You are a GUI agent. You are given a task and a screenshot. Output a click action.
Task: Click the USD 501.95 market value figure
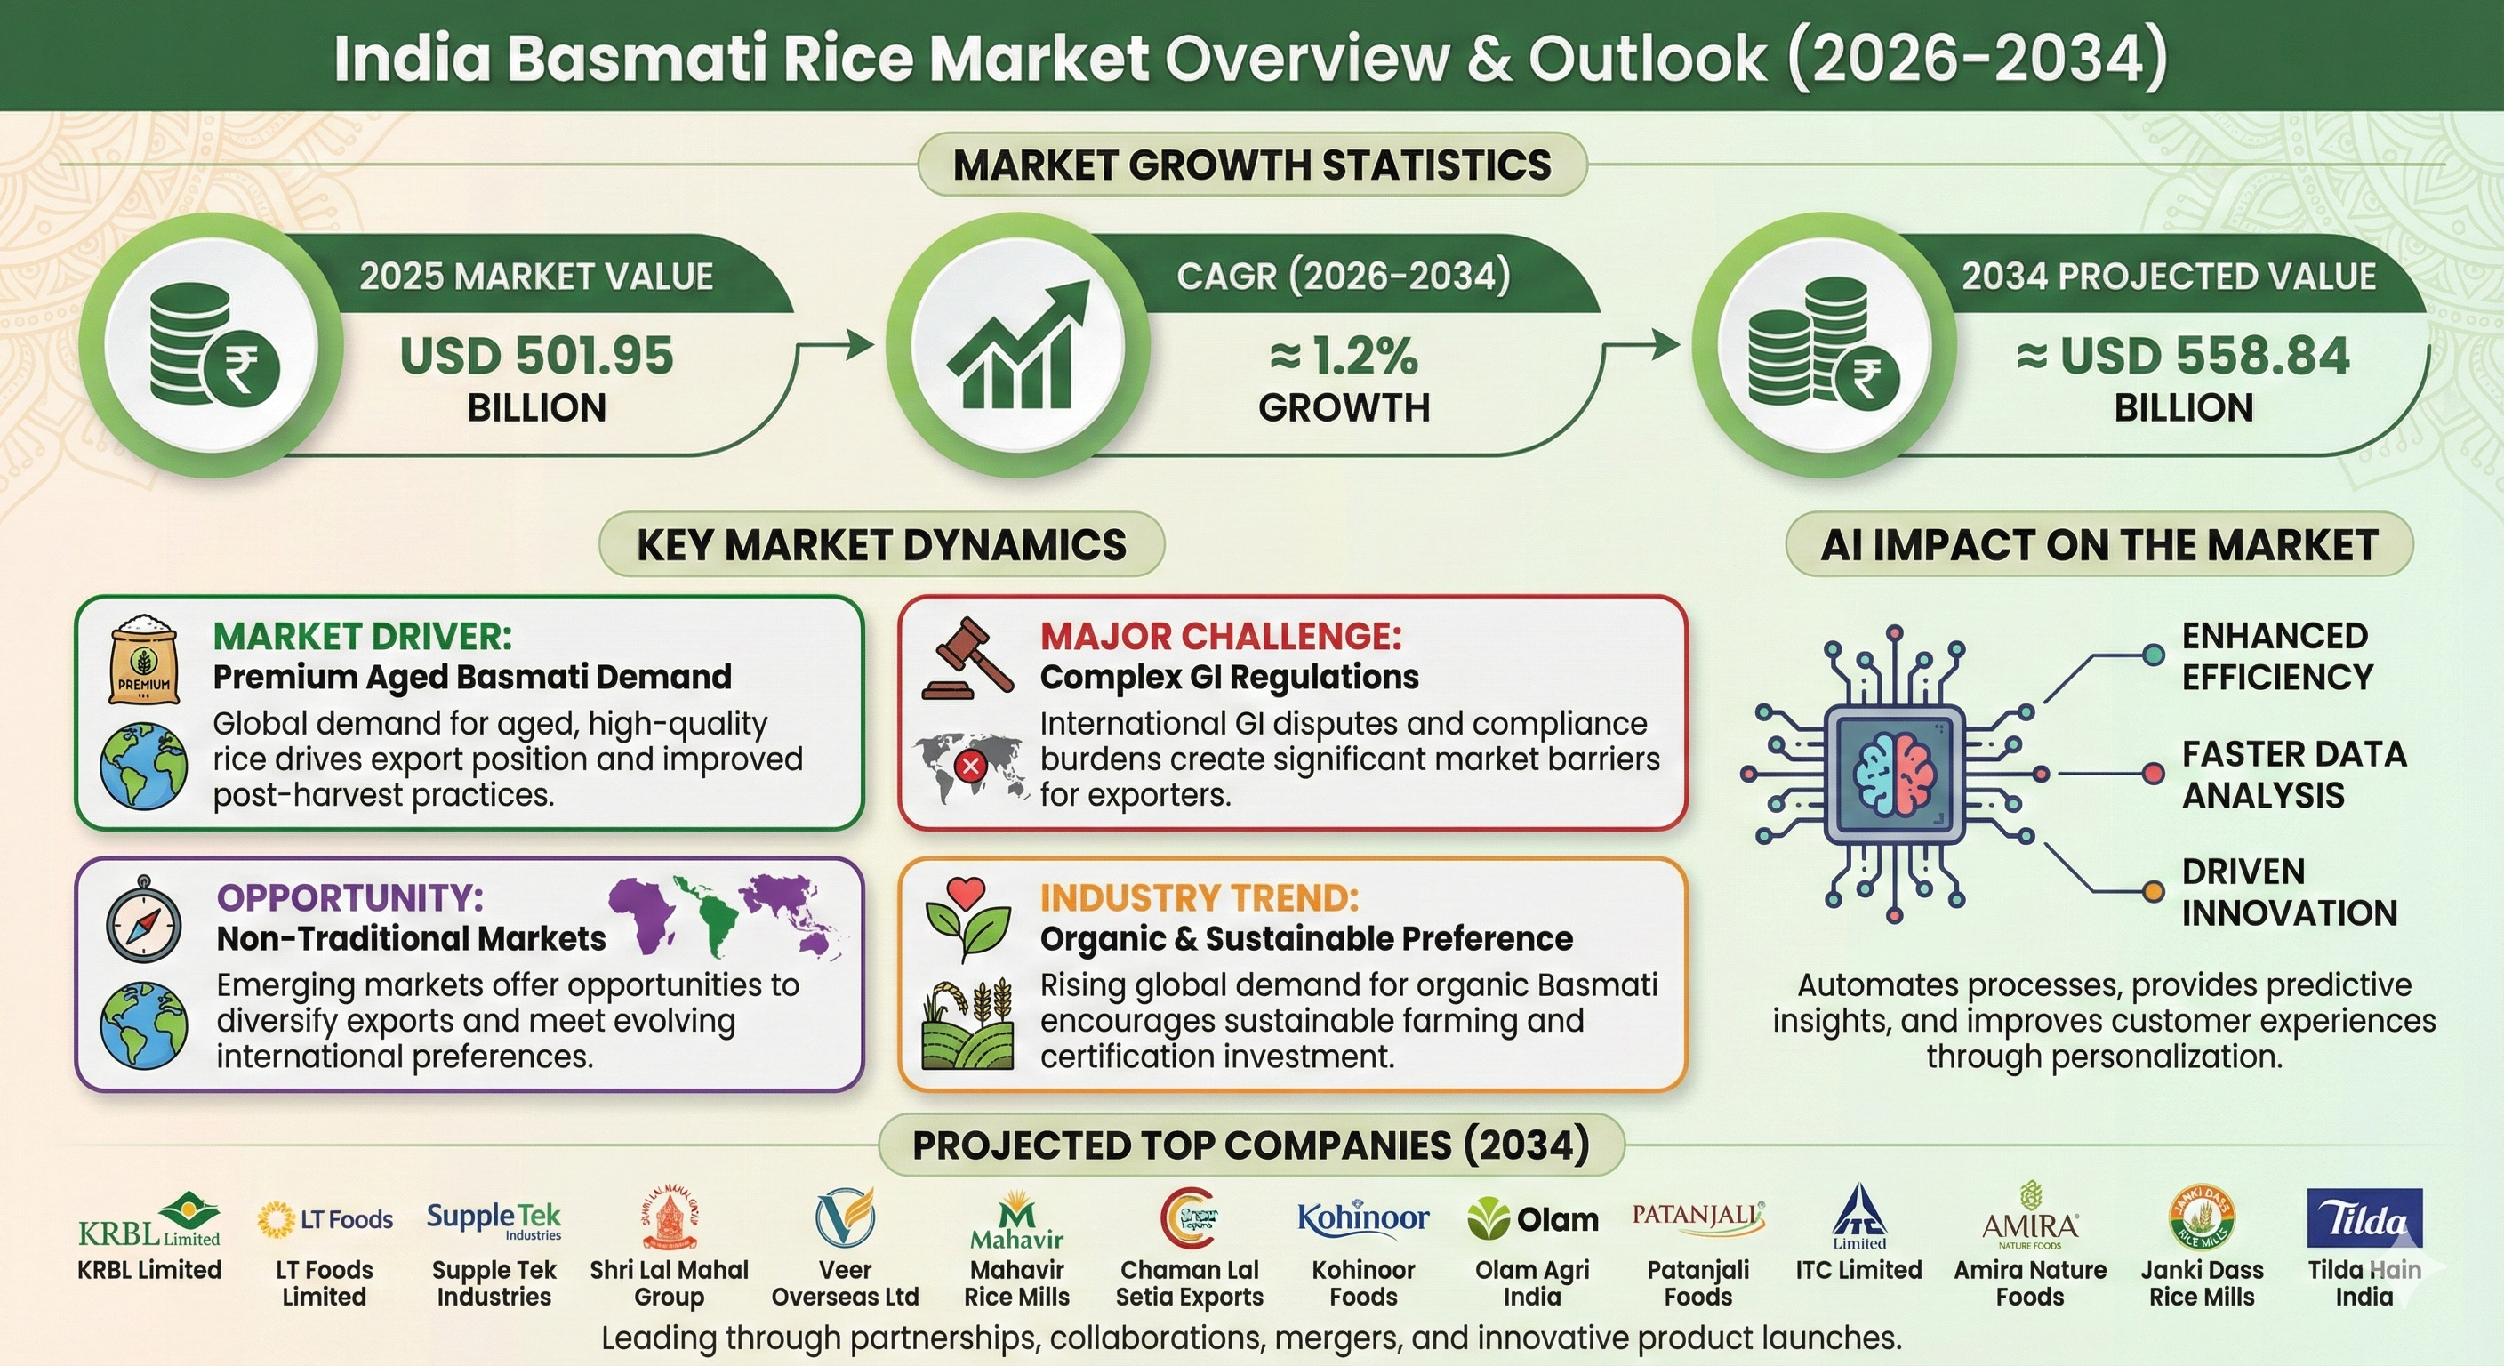click(536, 356)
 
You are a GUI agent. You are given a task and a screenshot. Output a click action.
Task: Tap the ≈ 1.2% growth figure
click(1344, 356)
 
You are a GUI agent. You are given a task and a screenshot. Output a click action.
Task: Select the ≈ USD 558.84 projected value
click(2183, 356)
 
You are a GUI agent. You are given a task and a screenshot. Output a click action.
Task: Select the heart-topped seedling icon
click(967, 920)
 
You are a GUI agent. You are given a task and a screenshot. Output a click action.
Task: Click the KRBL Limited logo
click(149, 1220)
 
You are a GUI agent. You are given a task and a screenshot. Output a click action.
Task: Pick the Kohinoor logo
click(1363, 1217)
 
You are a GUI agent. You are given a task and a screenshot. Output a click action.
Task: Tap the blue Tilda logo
click(2364, 1217)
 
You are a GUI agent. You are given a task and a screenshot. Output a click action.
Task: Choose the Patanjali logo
click(1698, 1217)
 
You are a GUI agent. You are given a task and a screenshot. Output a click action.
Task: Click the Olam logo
click(1532, 1219)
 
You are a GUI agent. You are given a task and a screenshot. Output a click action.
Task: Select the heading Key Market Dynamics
click(882, 544)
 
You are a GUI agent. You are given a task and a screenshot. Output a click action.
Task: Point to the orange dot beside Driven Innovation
click(2154, 891)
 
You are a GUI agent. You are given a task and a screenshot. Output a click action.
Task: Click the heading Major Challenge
click(1221, 637)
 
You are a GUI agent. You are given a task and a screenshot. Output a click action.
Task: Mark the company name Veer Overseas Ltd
click(845, 1283)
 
